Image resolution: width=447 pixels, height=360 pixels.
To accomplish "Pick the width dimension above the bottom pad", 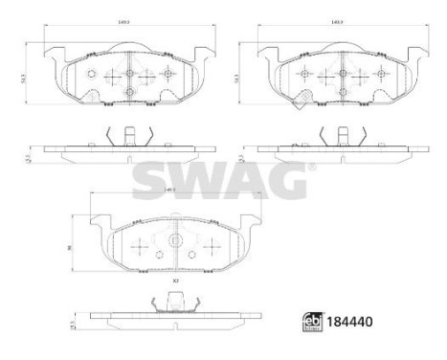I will pos(171,191).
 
